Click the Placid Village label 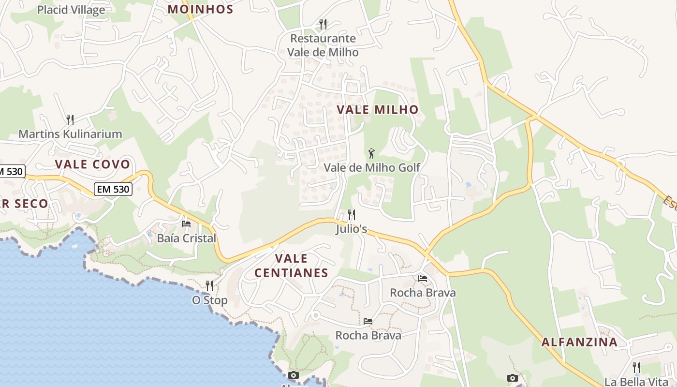pyautogui.click(x=71, y=10)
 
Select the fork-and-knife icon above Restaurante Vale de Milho pyautogui.click(x=323, y=24)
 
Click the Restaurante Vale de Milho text pyautogui.click(x=323, y=45)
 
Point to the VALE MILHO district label pyautogui.click(x=377, y=109)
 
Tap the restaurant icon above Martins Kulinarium pyautogui.click(x=70, y=119)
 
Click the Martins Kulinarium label pyautogui.click(x=70, y=134)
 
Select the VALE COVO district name pyautogui.click(x=92, y=164)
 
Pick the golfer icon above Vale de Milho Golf pyautogui.click(x=371, y=153)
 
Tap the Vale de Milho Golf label pyautogui.click(x=371, y=167)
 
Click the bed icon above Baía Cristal pyautogui.click(x=186, y=223)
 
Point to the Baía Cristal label pyautogui.click(x=186, y=238)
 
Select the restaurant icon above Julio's pyautogui.click(x=352, y=214)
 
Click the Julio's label pyautogui.click(x=352, y=229)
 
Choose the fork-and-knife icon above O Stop pyautogui.click(x=209, y=286)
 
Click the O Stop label pyautogui.click(x=209, y=300)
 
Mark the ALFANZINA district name pyautogui.click(x=579, y=342)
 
